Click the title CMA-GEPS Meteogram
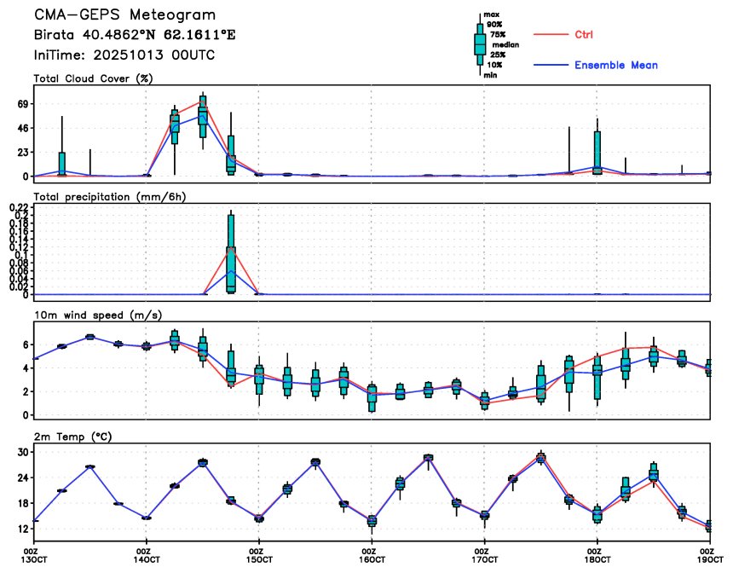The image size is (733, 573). [124, 15]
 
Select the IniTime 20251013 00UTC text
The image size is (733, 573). [124, 55]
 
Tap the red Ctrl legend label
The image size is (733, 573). [584, 34]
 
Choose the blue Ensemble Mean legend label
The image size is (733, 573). [615, 65]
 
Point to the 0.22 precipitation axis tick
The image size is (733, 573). [20, 207]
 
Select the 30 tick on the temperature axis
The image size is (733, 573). [24, 452]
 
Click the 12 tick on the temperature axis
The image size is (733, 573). [24, 529]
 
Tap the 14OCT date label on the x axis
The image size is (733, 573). [147, 561]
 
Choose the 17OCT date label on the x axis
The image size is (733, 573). [484, 561]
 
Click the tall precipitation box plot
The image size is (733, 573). [231, 252]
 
